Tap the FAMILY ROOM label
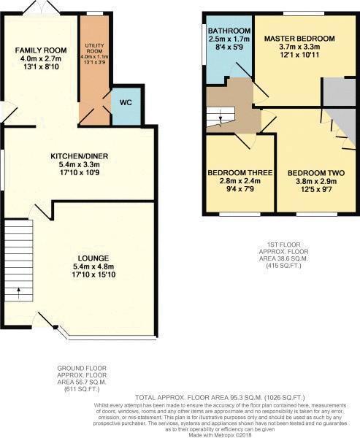[41, 50]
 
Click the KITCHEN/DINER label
[80, 157]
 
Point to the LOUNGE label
[94, 258]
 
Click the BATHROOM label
[229, 31]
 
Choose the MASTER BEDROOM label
[299, 38]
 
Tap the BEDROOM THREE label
[240, 172]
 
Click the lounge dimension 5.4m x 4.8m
[94, 267]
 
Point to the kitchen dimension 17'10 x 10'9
[80, 174]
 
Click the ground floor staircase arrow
[19, 293]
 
